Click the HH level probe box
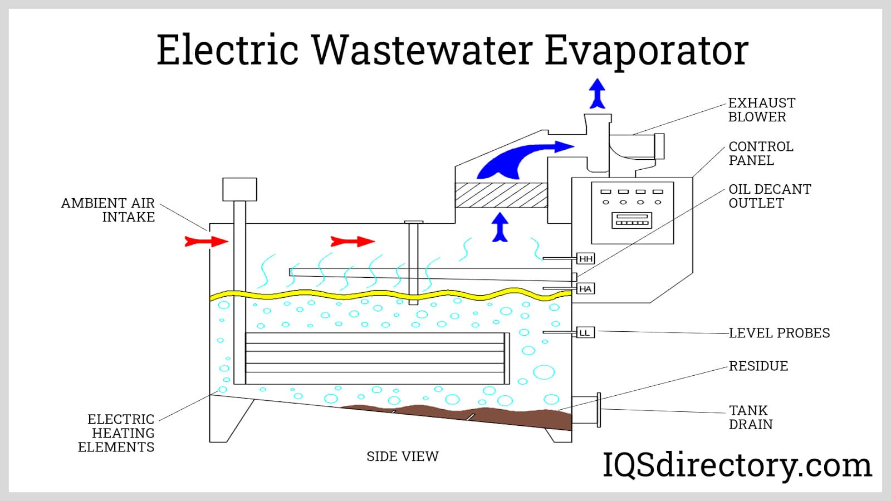tap(586, 259)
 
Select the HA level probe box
tap(585, 289)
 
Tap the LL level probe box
tap(585, 333)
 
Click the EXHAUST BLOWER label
tap(761, 110)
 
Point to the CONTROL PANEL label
tap(761, 153)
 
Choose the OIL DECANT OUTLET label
tap(770, 196)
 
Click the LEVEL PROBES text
tap(779, 333)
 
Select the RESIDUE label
tap(758, 366)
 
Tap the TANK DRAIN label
tap(750, 417)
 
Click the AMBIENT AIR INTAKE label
tap(108, 210)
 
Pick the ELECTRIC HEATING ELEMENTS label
tap(116, 433)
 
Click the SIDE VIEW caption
tap(402, 456)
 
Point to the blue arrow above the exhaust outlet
tap(598, 94)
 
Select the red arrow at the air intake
tap(207, 241)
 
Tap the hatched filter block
tap(501, 195)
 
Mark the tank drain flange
tap(599, 410)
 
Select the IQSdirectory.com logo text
tap(737, 465)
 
